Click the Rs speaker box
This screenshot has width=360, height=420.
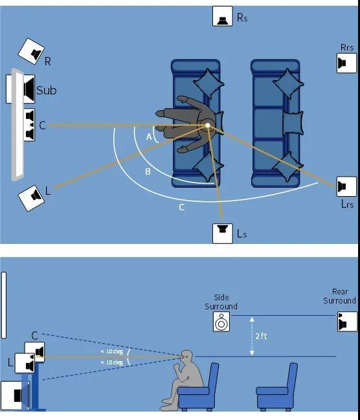223,16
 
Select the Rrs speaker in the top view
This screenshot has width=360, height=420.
346,63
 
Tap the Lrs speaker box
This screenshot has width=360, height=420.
346,186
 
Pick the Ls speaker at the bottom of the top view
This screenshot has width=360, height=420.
223,234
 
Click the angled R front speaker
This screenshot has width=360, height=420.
31,51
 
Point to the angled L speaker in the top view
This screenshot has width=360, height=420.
31,198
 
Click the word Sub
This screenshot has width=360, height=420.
47,90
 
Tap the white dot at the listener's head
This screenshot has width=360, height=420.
207,126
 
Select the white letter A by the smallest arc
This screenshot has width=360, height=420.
149,137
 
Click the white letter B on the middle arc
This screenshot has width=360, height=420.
148,171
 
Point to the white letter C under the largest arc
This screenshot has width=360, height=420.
181,207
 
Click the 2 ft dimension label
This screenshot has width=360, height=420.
261,336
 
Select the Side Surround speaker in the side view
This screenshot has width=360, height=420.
221,322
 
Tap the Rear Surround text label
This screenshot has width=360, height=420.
340,296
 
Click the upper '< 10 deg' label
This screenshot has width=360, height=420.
112,351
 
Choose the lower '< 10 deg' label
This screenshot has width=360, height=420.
112,362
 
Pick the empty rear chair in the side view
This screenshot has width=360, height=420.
277,387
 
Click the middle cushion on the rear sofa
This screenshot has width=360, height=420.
293,123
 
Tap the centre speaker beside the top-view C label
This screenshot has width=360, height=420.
29,125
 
